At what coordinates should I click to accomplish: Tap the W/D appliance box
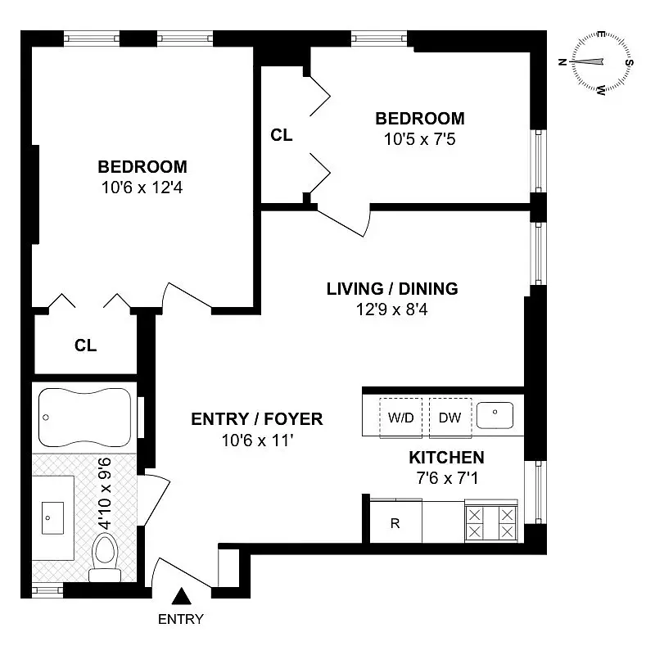pyautogui.click(x=401, y=418)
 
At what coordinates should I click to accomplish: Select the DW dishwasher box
pyautogui.click(x=449, y=418)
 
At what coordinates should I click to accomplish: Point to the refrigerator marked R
pyautogui.click(x=395, y=523)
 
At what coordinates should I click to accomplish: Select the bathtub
pyautogui.click(x=84, y=417)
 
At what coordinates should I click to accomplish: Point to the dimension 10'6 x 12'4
pyautogui.click(x=142, y=187)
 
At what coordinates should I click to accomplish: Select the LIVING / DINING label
pyautogui.click(x=392, y=289)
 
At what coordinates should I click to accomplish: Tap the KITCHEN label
pyautogui.click(x=446, y=458)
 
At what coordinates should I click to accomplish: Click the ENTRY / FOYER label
pyautogui.click(x=256, y=419)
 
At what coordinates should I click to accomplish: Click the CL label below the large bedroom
pyautogui.click(x=86, y=346)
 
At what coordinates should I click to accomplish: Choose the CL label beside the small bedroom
pyautogui.click(x=282, y=136)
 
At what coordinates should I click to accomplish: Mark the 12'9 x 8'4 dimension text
pyautogui.click(x=392, y=309)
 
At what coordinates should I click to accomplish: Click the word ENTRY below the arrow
pyautogui.click(x=180, y=619)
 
